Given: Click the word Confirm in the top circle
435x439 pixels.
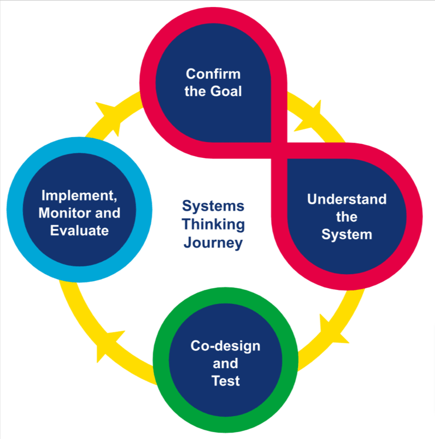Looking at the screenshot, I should [213, 74].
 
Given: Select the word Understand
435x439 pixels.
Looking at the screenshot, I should [346, 199].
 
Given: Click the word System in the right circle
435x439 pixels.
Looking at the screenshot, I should [346, 234].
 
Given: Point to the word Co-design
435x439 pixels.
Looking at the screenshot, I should [225, 346].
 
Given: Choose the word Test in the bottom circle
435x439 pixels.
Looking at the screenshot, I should [225, 381].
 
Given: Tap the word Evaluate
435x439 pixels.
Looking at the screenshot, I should [79, 230].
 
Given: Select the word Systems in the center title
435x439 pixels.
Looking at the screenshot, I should [213, 207].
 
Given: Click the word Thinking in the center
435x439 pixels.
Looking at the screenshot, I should [213, 224].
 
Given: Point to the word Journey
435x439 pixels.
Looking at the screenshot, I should [213, 242].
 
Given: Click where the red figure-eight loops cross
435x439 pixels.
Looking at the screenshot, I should [278, 143].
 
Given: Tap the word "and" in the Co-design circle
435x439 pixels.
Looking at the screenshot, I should [225, 363].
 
